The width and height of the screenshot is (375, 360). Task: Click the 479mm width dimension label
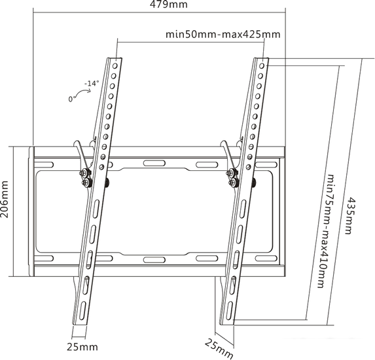(x=169, y=5)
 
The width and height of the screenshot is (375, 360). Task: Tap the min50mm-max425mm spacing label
(x=223, y=35)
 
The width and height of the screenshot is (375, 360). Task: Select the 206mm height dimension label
(x=5, y=199)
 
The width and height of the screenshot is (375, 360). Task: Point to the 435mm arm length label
(x=348, y=215)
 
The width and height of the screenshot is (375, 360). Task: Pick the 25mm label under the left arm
(x=82, y=347)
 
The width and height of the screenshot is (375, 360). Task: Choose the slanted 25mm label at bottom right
(x=219, y=349)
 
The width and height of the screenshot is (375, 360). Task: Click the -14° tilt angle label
(x=92, y=84)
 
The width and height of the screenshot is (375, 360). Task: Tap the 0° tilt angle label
(x=72, y=99)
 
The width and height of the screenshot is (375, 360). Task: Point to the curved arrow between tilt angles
(x=82, y=91)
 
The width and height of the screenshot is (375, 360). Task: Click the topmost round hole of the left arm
(x=115, y=65)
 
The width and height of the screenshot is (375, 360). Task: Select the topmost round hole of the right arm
(x=262, y=65)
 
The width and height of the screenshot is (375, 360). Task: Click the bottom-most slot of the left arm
(x=82, y=310)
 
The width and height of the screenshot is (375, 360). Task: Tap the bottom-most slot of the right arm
(x=229, y=310)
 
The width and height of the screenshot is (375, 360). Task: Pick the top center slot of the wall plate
(x=154, y=164)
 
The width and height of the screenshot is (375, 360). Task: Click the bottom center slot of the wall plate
(x=154, y=260)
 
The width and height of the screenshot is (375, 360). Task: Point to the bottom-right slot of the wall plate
(x=266, y=259)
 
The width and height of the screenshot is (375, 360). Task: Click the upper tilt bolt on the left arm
(x=84, y=172)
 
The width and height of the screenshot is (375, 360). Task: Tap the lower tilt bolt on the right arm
(x=233, y=182)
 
